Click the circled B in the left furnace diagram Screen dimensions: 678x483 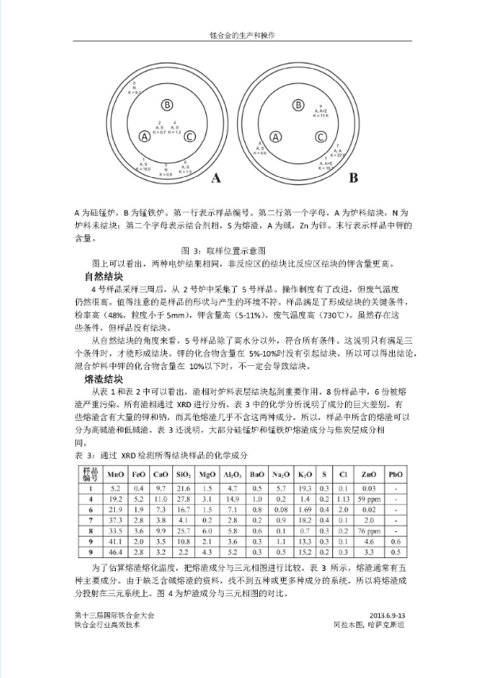pos(167,104)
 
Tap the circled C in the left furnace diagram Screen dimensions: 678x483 pos(190,136)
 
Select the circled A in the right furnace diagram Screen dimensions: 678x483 pos(276,135)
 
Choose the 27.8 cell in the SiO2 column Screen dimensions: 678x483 pos(184,499)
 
